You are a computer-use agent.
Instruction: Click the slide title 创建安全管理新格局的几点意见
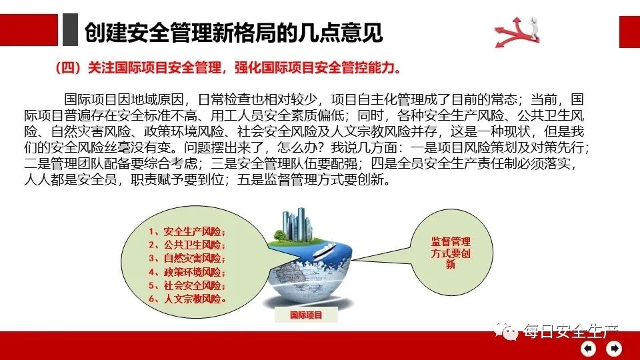click(233, 31)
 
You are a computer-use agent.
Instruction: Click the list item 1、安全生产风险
click(187, 232)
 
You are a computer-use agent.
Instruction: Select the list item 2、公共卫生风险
click(187, 245)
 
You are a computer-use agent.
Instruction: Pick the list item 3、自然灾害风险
click(187, 258)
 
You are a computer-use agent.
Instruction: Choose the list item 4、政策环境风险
click(187, 272)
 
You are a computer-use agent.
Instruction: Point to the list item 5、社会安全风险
click(187, 285)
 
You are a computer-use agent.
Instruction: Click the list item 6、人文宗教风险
click(187, 299)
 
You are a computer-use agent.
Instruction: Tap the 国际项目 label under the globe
click(306, 315)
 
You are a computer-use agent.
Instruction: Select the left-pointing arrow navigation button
click(589, 348)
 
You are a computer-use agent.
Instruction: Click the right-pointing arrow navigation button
click(613, 348)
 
